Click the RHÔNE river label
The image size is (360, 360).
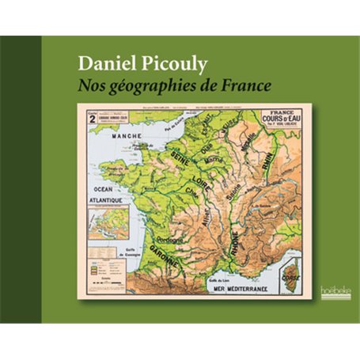(237, 238)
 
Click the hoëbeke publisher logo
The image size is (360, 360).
(330, 292)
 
